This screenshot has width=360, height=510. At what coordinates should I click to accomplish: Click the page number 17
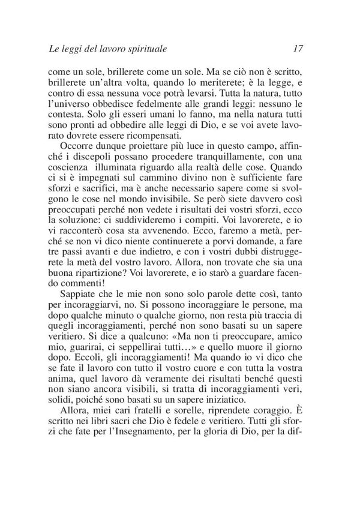click(302, 47)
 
